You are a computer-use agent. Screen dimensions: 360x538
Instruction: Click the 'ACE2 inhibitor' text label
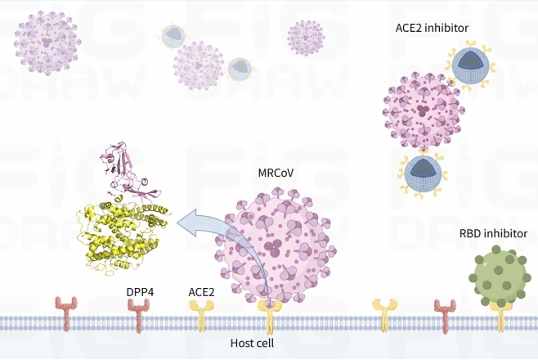coord(432,28)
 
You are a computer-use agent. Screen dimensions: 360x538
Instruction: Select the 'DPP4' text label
coord(140,291)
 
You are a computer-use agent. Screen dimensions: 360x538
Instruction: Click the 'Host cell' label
coord(251,343)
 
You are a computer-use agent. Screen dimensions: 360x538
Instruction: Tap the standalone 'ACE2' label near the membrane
coord(201,291)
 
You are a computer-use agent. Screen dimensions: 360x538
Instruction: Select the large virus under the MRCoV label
coord(274,244)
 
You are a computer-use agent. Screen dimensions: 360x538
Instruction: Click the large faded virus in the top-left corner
coord(47,41)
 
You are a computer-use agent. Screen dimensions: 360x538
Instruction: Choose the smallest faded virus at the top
coord(305,36)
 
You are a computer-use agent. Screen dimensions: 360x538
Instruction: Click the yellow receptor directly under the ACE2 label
coord(200,313)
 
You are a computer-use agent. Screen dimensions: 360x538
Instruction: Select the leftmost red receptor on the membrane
coord(65,315)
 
